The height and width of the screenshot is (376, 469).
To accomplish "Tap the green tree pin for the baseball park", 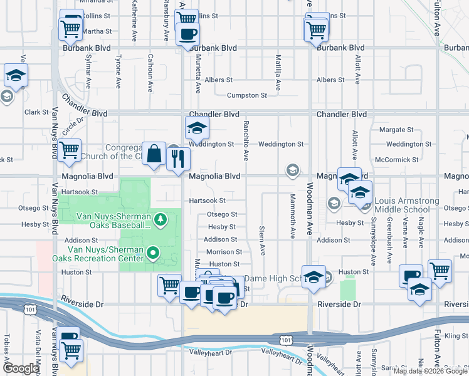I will tap(161, 219).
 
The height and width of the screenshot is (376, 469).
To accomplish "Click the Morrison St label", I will tap(224, 252).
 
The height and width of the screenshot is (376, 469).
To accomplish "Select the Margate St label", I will tap(396, 130).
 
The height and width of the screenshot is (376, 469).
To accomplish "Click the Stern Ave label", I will tap(263, 241).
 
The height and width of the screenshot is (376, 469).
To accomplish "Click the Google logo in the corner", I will tap(21, 368).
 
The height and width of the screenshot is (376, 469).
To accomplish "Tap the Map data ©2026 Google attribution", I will tap(429, 371).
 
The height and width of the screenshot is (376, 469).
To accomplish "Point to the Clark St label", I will tap(36, 112).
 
